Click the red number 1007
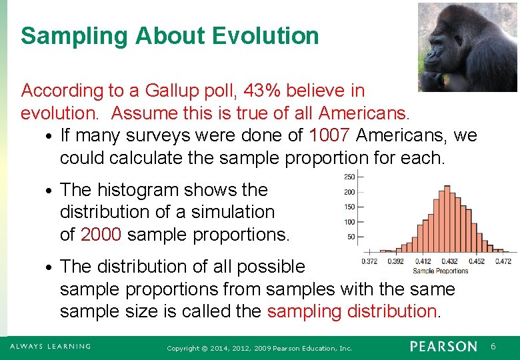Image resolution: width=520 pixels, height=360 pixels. pyautogui.click(x=329, y=136)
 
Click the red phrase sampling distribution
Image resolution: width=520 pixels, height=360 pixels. pyautogui.click(x=353, y=311)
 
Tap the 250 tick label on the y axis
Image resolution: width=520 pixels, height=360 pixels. pyautogui.click(x=349, y=177)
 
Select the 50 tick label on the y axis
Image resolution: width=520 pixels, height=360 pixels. pyautogui.click(x=351, y=237)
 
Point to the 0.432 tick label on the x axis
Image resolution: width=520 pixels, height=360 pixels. pyautogui.click(x=450, y=262)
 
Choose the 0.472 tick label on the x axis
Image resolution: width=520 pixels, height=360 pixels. pyautogui.click(x=503, y=262)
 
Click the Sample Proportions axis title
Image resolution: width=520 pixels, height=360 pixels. pyautogui.click(x=441, y=271)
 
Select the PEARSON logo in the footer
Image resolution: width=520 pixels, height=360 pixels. pyautogui.click(x=443, y=347)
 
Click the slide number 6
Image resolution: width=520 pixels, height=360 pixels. pyautogui.click(x=493, y=347)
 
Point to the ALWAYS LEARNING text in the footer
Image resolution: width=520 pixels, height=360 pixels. pyautogui.click(x=50, y=347)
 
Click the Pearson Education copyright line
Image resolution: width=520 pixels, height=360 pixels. pyautogui.click(x=259, y=348)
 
